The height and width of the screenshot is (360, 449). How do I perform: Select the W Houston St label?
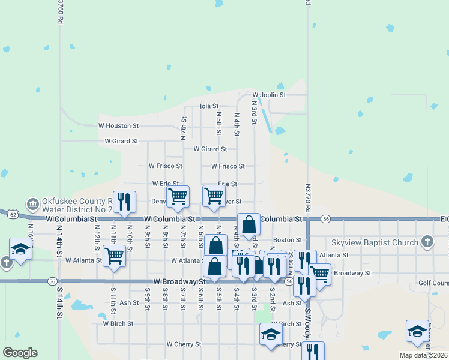point(118,126)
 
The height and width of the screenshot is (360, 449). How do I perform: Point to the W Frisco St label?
point(165,166)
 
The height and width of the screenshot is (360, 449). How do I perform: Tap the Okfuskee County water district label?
point(77,205)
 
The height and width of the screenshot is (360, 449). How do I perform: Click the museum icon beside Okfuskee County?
point(32,205)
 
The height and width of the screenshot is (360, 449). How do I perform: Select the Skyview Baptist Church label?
point(375,242)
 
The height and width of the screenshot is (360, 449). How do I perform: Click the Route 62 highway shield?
point(13,214)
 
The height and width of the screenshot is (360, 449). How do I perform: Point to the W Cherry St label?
point(184,344)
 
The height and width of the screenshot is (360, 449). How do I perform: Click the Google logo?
point(19,353)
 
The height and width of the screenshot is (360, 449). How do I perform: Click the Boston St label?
point(287,240)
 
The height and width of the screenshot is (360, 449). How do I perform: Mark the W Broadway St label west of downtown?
point(179,281)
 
